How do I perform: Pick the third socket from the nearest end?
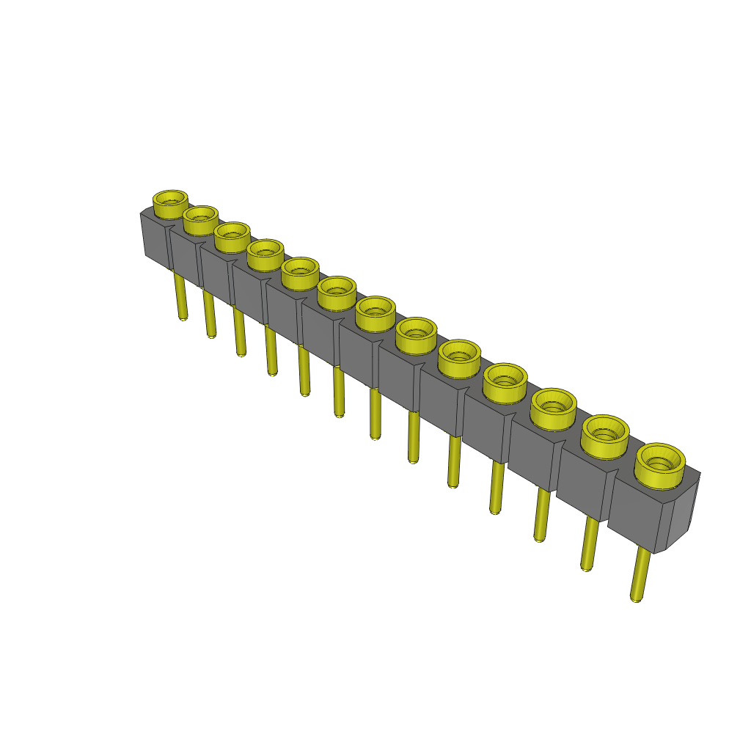553,407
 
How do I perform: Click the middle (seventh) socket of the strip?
375,312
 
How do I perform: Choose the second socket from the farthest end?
200,219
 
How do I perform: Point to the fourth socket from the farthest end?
265,254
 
